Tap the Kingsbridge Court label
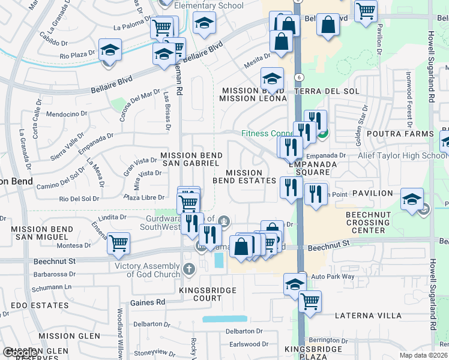208,294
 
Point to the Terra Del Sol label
327,91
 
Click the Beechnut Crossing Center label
366,222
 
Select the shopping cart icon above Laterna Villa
310,301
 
